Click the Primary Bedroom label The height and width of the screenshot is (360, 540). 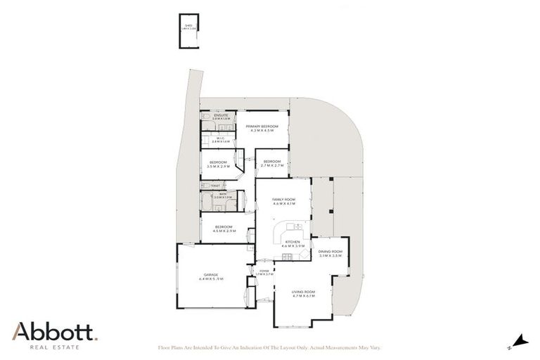[x=262, y=128]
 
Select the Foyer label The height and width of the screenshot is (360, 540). [x=264, y=271]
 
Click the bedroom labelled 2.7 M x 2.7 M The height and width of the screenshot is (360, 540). [x=271, y=163]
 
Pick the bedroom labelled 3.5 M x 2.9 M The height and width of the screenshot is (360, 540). [x=218, y=164]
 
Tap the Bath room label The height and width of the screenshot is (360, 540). [x=222, y=196]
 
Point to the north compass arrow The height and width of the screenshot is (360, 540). [x=519, y=341]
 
